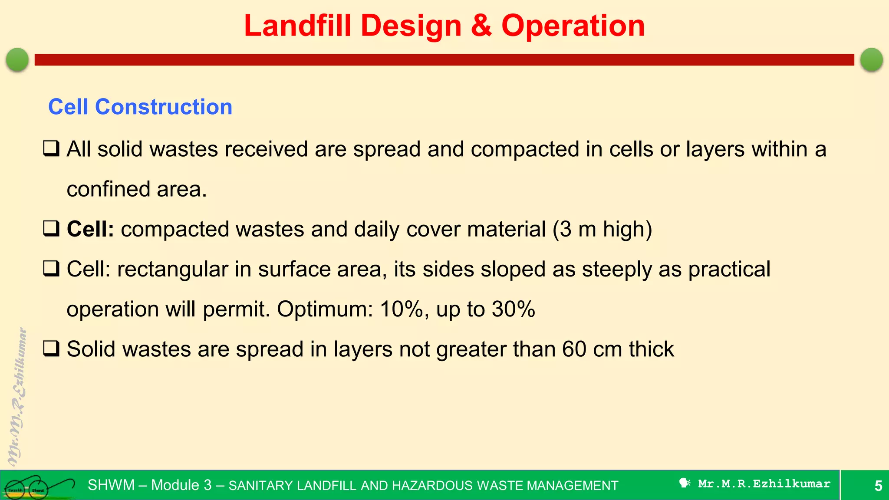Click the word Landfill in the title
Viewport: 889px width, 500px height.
[x=297, y=26]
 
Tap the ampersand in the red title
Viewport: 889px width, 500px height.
[x=481, y=26]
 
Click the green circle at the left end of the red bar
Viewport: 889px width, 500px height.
[x=17, y=59]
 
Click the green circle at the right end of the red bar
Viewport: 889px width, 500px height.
[x=871, y=59]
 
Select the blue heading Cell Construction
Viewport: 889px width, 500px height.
[x=140, y=107]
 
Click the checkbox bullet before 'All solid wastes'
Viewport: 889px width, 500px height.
[x=51, y=149]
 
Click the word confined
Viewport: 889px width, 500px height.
[x=108, y=189]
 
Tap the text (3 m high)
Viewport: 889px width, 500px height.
[x=602, y=229]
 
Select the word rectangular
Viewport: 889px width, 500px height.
[x=172, y=269]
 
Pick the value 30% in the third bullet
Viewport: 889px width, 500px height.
[x=513, y=309]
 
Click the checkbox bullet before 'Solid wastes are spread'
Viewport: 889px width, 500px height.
[x=51, y=349]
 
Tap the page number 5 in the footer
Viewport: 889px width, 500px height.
[x=878, y=486]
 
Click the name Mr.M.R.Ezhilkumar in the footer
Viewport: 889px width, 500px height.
[x=764, y=484]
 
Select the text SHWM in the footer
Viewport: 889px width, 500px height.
[x=111, y=485]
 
